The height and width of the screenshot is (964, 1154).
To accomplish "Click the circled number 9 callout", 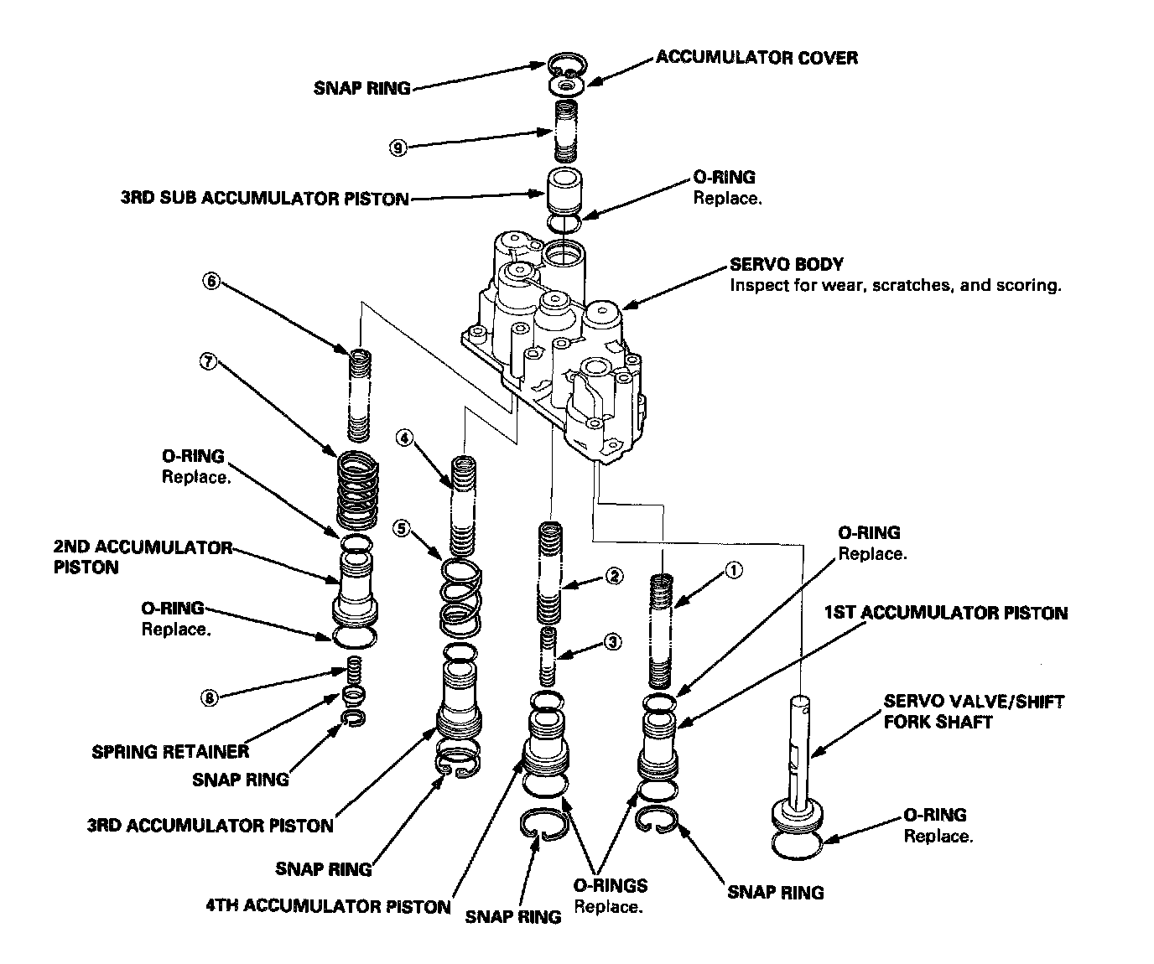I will (398, 148).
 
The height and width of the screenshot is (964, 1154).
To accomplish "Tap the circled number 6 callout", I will (211, 282).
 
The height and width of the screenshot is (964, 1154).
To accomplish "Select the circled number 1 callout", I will (733, 570).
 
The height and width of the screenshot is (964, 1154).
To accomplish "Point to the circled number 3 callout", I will (613, 642).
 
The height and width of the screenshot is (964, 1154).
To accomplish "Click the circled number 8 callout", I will (211, 697).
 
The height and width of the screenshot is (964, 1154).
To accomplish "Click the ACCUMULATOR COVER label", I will (756, 57).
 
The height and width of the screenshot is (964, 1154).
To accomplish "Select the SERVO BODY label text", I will (787, 264).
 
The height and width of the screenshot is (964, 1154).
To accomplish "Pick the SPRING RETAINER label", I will (169, 751).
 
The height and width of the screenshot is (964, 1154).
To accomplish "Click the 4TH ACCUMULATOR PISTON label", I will (328, 906).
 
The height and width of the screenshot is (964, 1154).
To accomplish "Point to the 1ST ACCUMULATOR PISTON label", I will (946, 613).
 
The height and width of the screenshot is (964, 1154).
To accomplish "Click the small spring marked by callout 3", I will (549, 656).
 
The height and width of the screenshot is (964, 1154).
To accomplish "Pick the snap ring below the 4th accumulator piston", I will (543, 825).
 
